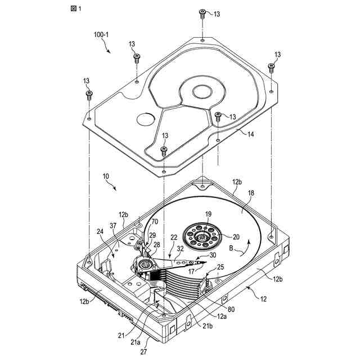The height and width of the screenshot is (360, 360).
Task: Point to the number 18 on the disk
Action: (251, 192)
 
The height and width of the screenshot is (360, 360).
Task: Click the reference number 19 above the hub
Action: (208, 214)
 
